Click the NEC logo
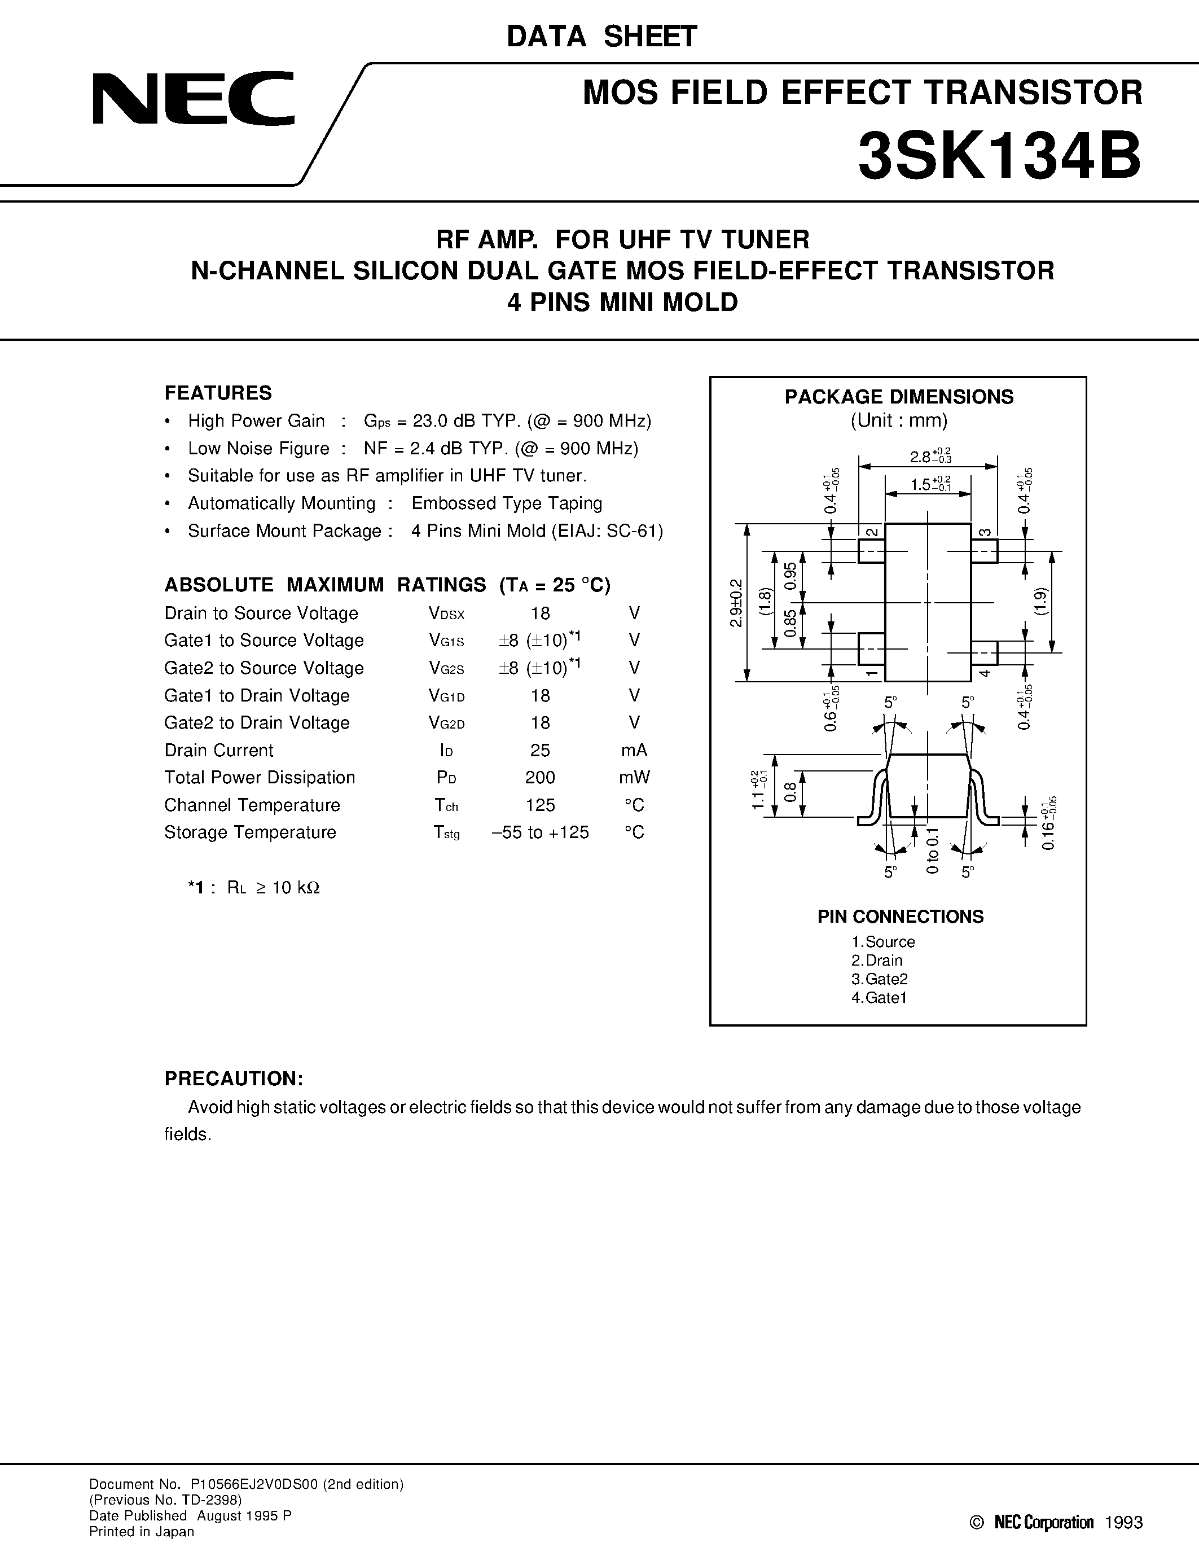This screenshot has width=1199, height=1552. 193,99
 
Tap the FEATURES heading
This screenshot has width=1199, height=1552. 218,393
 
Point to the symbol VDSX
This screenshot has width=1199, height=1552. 446,614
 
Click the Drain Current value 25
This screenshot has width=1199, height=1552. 540,751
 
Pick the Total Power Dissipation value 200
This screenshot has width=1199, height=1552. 540,778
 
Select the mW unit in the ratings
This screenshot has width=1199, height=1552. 634,778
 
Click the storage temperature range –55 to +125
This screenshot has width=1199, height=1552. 540,833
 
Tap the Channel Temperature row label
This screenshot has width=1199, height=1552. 252,805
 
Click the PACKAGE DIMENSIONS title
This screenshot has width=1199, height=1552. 898,397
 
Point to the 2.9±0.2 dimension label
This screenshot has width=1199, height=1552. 736,603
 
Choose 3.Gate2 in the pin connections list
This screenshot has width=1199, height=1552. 880,979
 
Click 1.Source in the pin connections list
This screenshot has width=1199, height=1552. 883,942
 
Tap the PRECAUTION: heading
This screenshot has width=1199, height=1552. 234,1078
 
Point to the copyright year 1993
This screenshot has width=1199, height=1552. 1124,1522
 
